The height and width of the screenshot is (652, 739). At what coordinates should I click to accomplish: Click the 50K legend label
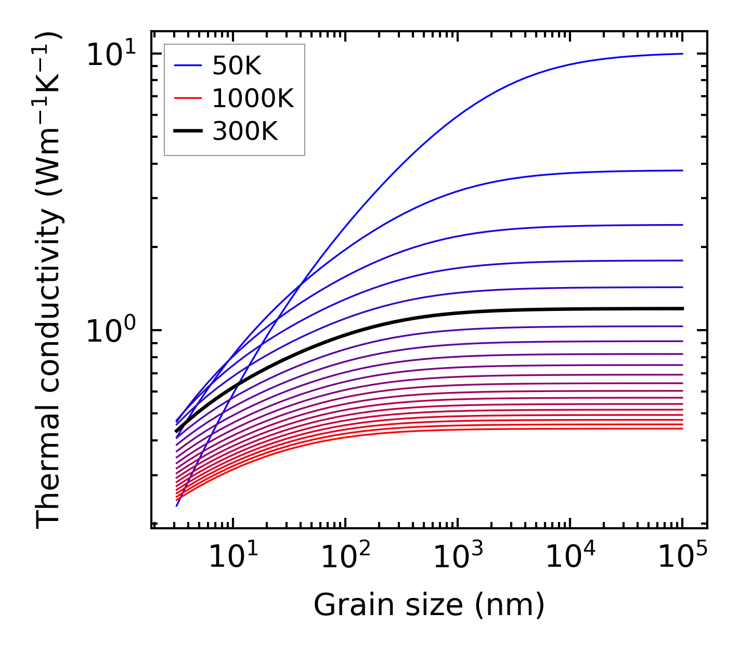pos(237,66)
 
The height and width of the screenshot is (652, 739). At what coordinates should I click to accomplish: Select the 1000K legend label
pos(253,98)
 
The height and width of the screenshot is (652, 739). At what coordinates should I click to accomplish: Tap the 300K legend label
pos(245,132)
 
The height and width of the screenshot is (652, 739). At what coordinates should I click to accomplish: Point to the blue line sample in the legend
pos(187,66)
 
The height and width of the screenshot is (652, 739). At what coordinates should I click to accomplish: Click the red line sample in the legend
pos(187,98)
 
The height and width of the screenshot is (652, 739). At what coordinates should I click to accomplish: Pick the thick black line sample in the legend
pos(187,132)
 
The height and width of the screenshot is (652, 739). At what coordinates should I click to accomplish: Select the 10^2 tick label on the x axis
pos(345,557)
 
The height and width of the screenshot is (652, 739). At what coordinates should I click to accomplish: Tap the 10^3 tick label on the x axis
pos(458,557)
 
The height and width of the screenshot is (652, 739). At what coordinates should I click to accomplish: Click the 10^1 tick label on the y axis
pos(110,54)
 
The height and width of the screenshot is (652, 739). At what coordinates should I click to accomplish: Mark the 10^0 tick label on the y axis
pos(110,331)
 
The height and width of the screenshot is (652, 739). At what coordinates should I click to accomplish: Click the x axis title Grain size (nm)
pos(429,605)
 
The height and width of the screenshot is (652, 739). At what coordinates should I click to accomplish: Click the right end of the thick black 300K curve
pos(682,309)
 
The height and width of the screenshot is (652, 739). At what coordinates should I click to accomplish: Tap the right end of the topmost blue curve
pos(682,54)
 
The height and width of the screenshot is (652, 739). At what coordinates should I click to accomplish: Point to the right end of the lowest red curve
pos(682,428)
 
